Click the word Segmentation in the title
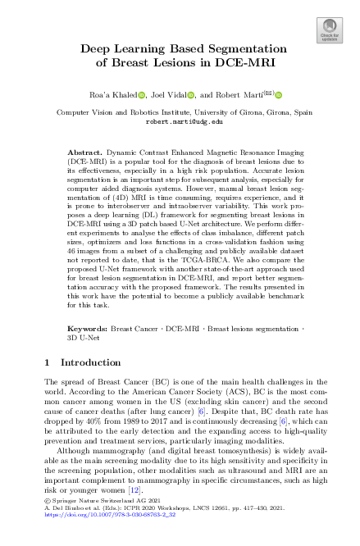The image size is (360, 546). (237, 48)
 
